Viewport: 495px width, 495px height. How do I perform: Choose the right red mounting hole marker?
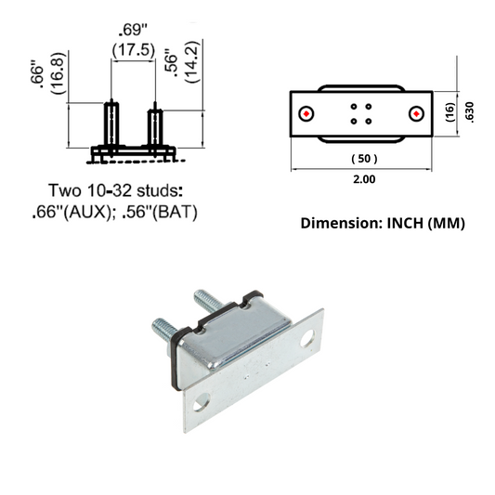(417, 113)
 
